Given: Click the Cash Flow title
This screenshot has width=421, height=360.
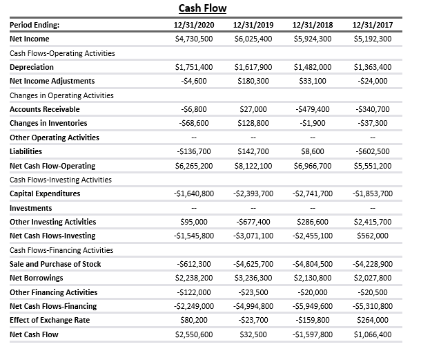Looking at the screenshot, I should [202, 8].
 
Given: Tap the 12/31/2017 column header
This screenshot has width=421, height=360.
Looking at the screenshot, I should [373, 25].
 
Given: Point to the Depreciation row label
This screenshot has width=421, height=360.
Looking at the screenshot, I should [32, 67].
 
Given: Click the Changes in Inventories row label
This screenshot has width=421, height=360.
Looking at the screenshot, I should [49, 123].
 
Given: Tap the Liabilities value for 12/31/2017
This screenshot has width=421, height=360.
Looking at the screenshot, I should [373, 151].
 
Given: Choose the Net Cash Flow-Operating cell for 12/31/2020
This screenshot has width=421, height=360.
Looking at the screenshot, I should [194, 166].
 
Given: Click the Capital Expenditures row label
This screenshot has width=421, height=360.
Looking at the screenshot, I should [45, 193].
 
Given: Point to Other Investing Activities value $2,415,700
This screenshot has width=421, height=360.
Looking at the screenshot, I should [373, 222].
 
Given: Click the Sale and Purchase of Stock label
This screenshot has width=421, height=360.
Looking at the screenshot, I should [55, 264].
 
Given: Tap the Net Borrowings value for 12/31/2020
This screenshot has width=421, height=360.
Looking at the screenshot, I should [194, 278].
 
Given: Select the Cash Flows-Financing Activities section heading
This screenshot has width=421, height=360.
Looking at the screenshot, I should [61, 250].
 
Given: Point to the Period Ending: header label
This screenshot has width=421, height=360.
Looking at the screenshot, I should [35, 25].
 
